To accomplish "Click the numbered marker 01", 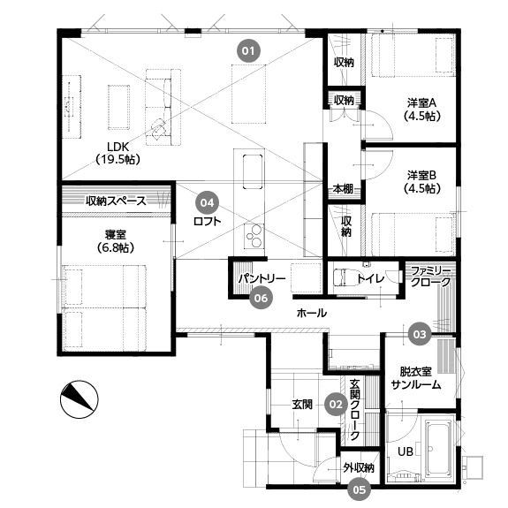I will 250,50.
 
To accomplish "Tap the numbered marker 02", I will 335,404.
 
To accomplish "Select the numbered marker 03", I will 420,334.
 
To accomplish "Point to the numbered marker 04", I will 207,201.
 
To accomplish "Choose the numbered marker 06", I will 260,299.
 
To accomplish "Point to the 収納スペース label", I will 115,201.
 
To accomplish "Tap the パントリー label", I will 261,279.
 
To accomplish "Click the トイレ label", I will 370,279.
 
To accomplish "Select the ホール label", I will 311,313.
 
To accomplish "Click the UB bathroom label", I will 405,451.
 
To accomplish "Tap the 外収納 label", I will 359,467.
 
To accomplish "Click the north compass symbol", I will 78,399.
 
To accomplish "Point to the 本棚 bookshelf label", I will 343,189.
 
